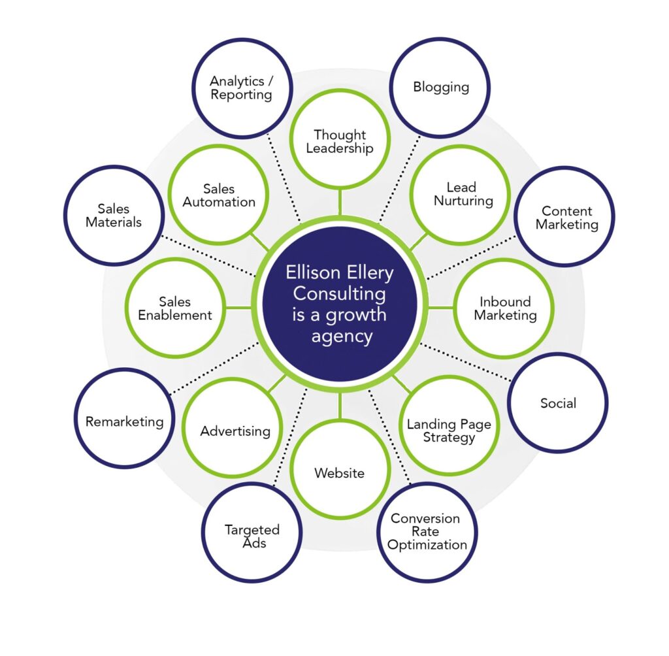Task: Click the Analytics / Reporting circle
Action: [x=242, y=88]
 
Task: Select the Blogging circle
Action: [x=440, y=88]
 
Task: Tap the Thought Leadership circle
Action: [x=340, y=139]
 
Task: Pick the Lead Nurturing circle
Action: [x=461, y=195]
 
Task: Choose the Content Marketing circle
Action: [x=564, y=216]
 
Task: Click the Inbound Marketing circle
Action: [x=504, y=308]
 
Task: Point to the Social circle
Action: [x=558, y=402]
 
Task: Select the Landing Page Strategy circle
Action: [x=449, y=425]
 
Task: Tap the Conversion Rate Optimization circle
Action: [x=427, y=533]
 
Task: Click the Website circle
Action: [x=340, y=469]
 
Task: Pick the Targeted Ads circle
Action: [x=252, y=533]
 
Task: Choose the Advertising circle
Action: [x=233, y=428]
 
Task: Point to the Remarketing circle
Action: [x=124, y=418]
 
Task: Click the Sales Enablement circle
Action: [x=175, y=308]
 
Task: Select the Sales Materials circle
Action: [x=114, y=216]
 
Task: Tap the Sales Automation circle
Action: [x=218, y=195]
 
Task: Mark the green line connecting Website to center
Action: [x=340, y=406]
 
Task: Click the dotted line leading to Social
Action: [x=465, y=361]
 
